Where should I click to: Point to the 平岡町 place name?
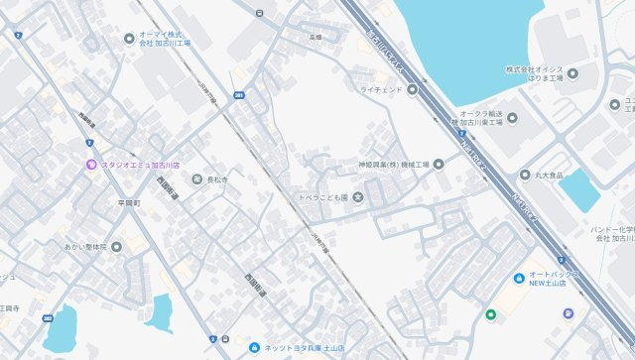(129, 202)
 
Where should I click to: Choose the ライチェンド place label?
(381, 90)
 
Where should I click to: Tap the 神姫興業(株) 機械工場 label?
(393, 164)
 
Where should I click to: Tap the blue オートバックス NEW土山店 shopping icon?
(518, 277)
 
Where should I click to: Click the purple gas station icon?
(568, 314)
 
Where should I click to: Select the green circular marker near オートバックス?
(490, 315)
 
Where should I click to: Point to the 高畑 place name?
(316, 37)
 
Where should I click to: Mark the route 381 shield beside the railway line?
(239, 96)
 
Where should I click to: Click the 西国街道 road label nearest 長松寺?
(169, 188)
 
